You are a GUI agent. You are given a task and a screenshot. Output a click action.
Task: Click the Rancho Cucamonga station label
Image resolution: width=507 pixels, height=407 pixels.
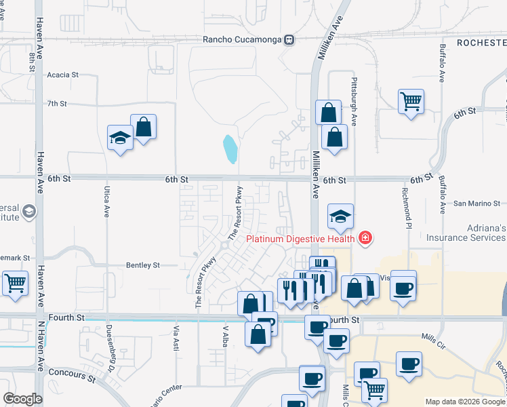[243, 39]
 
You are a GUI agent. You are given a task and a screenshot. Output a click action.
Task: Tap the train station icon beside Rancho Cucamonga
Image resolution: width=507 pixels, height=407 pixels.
[289, 39]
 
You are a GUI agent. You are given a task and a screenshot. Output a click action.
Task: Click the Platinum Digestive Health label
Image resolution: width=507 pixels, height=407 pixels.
[302, 238]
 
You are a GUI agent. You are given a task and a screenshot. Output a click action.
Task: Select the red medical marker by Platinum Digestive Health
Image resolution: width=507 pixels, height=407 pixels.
[365, 237]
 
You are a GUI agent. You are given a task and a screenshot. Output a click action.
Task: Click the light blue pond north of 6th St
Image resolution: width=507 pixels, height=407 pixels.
[230, 149]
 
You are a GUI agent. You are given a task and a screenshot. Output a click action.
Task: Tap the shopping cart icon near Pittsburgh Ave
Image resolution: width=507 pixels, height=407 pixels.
[411, 102]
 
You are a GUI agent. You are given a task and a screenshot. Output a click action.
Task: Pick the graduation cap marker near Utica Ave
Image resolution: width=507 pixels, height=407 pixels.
[121, 138]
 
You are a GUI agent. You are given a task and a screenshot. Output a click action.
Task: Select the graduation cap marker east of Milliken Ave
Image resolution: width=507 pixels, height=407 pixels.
[341, 216]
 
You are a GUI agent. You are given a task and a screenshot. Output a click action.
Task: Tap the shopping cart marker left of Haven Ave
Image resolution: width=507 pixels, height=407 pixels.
[16, 283]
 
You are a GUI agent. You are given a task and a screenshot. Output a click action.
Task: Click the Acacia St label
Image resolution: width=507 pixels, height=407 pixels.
[63, 75]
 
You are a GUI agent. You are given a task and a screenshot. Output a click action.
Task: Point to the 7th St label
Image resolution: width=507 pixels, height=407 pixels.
[57, 104]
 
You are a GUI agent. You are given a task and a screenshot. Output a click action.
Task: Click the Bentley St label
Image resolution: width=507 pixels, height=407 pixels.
[142, 265]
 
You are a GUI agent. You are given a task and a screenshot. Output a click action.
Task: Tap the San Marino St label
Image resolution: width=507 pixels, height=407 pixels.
[476, 203]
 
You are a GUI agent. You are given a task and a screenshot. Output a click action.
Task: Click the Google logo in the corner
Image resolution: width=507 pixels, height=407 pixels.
[22, 399]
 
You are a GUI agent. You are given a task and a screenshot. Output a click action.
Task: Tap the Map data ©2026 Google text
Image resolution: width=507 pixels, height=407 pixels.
[465, 402]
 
